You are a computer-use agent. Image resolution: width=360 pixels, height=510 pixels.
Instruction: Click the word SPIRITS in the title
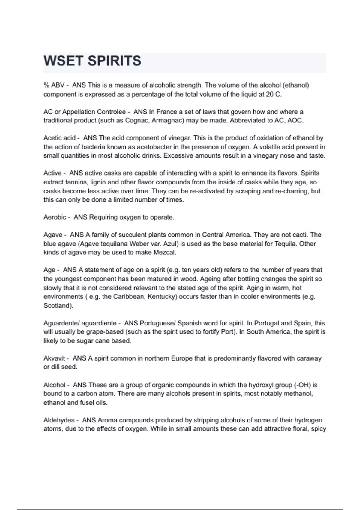114,61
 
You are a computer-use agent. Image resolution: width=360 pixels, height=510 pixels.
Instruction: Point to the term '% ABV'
54,85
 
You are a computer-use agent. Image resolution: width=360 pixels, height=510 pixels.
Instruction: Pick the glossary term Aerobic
55,217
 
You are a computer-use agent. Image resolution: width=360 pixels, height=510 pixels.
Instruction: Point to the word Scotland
58,306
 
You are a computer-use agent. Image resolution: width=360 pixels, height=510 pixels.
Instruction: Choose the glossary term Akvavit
54,358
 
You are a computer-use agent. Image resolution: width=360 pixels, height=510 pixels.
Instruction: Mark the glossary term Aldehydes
59,420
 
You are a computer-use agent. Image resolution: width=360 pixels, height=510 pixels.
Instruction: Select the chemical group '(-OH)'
301,385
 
